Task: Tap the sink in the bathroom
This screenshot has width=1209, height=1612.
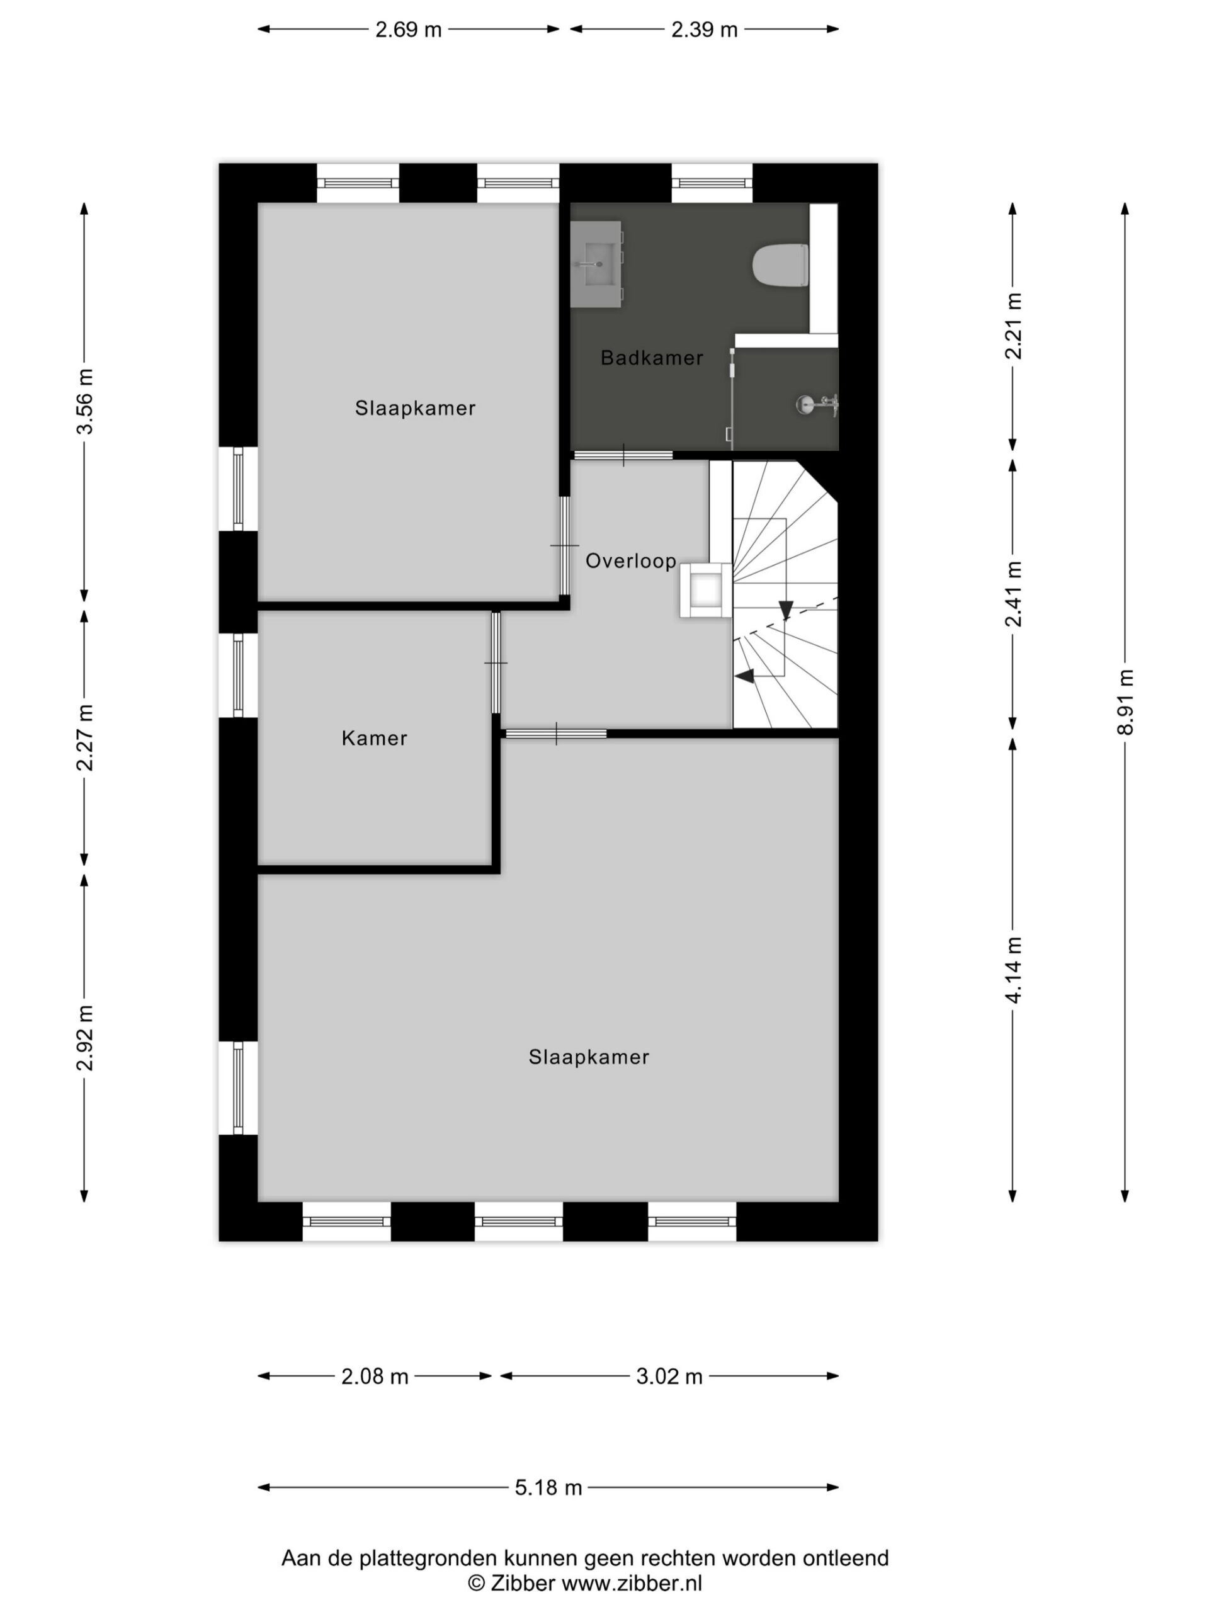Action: (596, 264)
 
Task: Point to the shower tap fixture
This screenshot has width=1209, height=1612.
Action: (818, 404)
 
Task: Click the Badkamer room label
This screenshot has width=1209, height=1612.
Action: (652, 358)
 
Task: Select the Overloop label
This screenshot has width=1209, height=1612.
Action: (631, 560)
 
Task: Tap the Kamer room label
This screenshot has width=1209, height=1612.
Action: (374, 738)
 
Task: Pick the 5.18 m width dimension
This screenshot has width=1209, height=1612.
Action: (548, 1487)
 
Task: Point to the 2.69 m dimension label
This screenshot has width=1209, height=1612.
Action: (408, 30)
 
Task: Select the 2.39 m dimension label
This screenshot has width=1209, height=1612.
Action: (704, 30)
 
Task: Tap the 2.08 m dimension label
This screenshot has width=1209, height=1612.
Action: (375, 1376)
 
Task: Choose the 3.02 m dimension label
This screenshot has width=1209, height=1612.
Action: (669, 1376)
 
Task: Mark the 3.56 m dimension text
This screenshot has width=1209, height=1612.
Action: (85, 402)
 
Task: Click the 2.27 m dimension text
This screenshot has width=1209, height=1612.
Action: (85, 737)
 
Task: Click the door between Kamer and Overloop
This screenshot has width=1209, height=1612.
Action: (496, 662)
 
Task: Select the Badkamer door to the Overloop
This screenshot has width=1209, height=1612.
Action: (623, 455)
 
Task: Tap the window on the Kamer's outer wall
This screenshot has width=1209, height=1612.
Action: (237, 675)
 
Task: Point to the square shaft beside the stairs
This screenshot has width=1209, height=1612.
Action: (705, 590)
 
